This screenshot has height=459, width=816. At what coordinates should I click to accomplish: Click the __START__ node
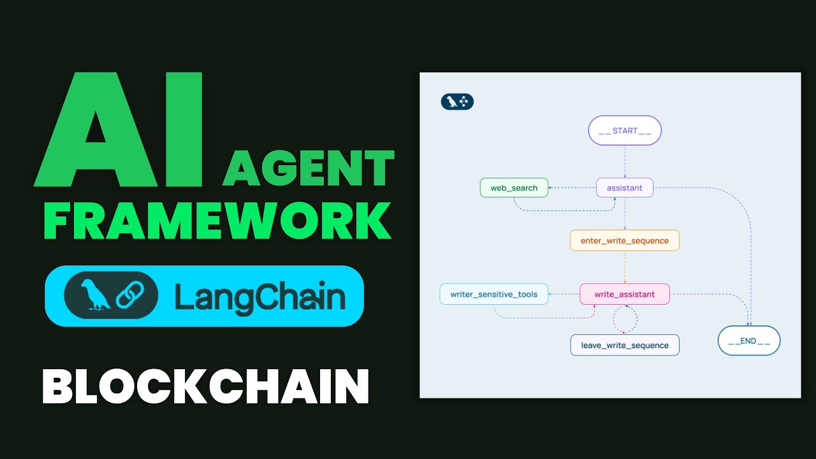(x=625, y=131)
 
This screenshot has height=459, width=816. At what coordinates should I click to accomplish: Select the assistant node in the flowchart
(x=625, y=187)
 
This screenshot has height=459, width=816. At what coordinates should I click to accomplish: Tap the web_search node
(x=514, y=187)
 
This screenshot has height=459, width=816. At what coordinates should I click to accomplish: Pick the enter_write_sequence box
(x=625, y=240)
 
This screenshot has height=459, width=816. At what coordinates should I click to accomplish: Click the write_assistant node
(x=625, y=294)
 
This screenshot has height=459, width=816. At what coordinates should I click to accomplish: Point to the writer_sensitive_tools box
(x=494, y=294)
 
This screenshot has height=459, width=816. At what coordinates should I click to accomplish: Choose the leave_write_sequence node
(x=625, y=345)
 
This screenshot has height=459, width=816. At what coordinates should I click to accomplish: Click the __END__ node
(x=749, y=341)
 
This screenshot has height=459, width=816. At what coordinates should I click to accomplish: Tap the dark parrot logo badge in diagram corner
(x=457, y=102)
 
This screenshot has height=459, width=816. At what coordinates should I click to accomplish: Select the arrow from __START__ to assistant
(x=625, y=161)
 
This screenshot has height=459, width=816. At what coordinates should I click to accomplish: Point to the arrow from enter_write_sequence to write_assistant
(x=625, y=267)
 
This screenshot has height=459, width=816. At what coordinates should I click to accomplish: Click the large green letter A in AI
(x=92, y=131)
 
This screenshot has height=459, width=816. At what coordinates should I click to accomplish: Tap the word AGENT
(x=309, y=169)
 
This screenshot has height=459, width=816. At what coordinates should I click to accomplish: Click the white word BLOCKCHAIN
(x=205, y=385)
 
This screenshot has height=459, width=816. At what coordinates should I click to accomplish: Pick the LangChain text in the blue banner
(x=260, y=296)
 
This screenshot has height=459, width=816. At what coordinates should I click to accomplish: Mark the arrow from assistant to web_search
(x=572, y=187)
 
